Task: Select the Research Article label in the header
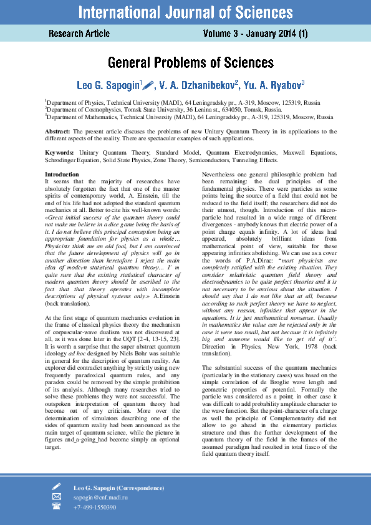coord(79,33)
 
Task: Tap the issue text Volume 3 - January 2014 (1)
coord(255,33)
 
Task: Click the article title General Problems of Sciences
coord(191,63)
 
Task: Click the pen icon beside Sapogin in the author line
coord(150,83)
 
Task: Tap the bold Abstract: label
coord(58,132)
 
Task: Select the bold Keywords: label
coord(60,152)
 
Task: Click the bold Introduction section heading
coord(62,174)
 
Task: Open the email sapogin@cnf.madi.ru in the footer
coord(100,498)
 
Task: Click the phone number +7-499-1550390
coord(95,508)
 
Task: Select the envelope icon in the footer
coord(57,497)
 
